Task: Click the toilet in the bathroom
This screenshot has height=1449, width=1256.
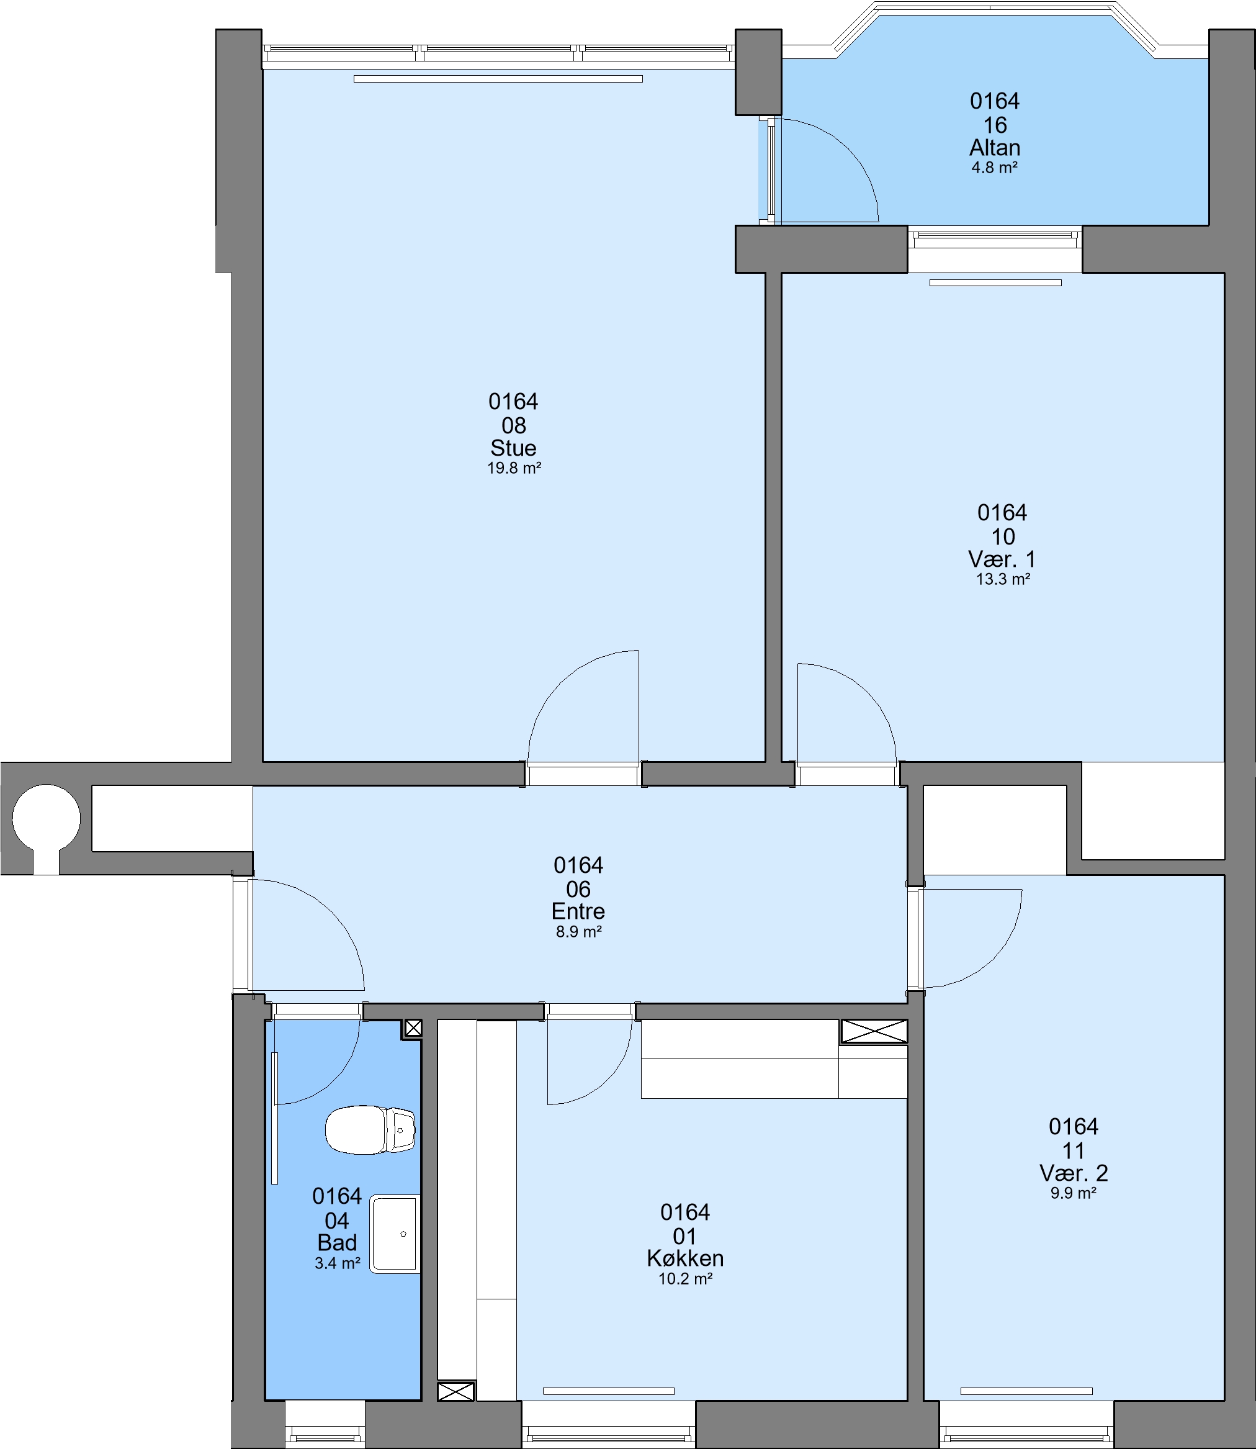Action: pos(370,1129)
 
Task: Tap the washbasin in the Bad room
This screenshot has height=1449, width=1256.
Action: pos(395,1234)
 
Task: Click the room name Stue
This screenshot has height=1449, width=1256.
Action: pos(514,448)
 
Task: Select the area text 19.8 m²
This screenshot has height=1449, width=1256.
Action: pos(514,468)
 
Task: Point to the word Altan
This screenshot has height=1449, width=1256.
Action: pos(995,148)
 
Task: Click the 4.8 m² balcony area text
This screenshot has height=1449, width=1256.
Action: pos(995,168)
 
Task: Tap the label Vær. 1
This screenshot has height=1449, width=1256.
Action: pos(1002,559)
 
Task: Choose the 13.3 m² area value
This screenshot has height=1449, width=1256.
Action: pos(1003,579)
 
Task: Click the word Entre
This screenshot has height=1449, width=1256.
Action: pos(578,911)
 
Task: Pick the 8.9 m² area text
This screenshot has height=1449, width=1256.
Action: pos(579,932)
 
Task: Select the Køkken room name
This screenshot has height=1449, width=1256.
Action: pos(686,1258)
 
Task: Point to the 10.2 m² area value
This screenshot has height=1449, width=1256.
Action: pos(686,1279)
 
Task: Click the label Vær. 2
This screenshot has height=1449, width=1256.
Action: pos(1074,1173)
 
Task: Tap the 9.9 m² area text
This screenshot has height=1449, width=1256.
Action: pos(1074,1193)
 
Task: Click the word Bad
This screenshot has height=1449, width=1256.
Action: pos(337,1243)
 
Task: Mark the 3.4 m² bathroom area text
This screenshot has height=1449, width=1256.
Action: pos(337,1263)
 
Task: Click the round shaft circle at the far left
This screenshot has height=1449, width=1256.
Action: pos(47,818)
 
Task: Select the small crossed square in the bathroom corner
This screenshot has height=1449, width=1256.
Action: pos(413,1028)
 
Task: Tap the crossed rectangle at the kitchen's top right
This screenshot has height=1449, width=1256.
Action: pos(874,1031)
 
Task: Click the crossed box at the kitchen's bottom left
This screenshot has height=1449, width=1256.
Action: pos(455,1391)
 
